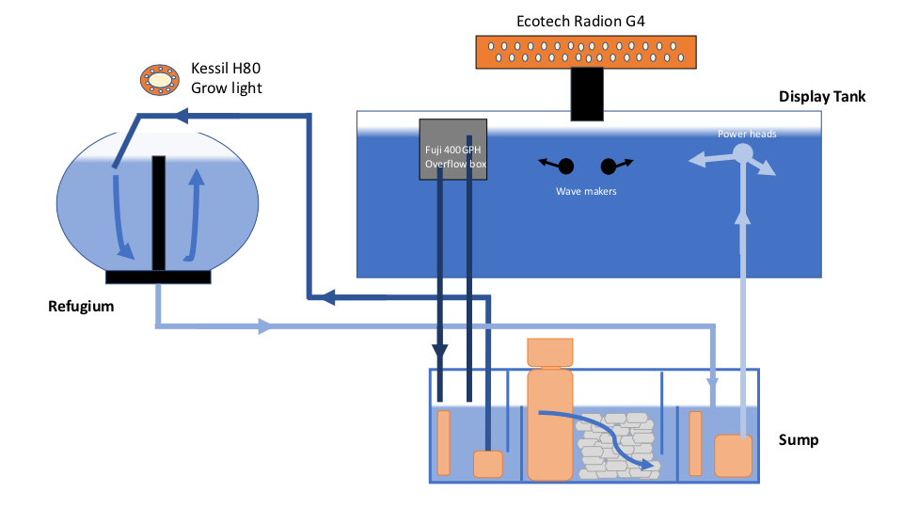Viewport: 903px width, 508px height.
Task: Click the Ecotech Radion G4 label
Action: pyautogui.click(x=580, y=22)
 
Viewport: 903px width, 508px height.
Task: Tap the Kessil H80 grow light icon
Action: pyautogui.click(x=160, y=79)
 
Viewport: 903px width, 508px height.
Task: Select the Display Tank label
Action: pyautogui.click(x=822, y=96)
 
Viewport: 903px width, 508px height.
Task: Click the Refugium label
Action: pyautogui.click(x=81, y=306)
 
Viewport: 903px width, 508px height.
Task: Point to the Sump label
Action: pyautogui.click(x=799, y=440)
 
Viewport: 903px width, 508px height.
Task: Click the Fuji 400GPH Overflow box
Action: pyautogui.click(x=453, y=150)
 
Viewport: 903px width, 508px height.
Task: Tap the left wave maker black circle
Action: pyautogui.click(x=566, y=167)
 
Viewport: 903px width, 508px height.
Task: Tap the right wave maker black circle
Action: pyautogui.click(x=609, y=167)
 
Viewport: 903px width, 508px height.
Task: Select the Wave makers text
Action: pyautogui.click(x=586, y=191)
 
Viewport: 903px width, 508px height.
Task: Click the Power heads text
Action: pyautogui.click(x=747, y=134)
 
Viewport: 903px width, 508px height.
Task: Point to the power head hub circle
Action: pyautogui.click(x=743, y=153)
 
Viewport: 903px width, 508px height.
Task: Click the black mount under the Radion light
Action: pyautogui.click(x=587, y=94)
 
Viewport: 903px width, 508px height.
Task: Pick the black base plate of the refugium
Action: pyautogui.click(x=158, y=277)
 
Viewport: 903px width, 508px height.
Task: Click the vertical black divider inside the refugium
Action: pyautogui.click(x=159, y=214)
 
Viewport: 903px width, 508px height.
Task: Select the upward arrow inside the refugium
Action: pyautogui.click(x=195, y=214)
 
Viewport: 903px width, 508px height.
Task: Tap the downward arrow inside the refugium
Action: pyautogui.click(x=121, y=217)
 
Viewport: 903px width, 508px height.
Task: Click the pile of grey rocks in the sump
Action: pyautogui.click(x=617, y=445)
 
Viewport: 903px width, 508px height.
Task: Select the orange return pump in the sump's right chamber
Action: pyautogui.click(x=733, y=455)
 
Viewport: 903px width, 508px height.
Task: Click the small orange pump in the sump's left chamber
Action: pyautogui.click(x=488, y=464)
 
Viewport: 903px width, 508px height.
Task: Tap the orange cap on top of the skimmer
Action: pyautogui.click(x=550, y=353)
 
